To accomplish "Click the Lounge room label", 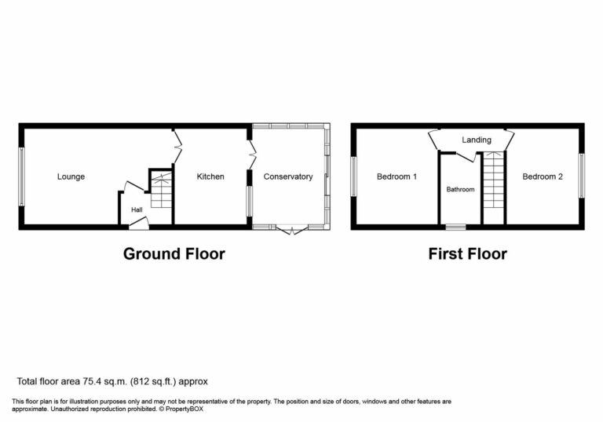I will [71, 176].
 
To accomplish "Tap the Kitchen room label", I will [210, 176].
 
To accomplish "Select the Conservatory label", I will [287, 176].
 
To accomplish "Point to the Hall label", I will [137, 209].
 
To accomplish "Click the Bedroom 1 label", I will [397, 176].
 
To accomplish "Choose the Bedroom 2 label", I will [543, 176].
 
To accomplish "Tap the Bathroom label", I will [460, 190].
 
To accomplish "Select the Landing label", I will [476, 140].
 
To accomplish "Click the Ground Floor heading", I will [174, 253].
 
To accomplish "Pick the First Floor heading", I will [467, 253].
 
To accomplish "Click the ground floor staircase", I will [160, 191].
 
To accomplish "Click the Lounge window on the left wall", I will [22, 176].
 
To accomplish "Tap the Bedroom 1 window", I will [354, 176].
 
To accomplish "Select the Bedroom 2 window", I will [581, 176].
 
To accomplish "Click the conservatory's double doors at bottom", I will [291, 229].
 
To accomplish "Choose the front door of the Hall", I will [137, 224].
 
